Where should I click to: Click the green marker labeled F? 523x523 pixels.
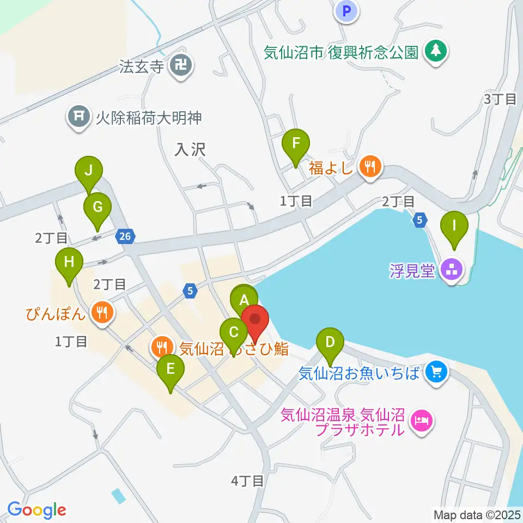pos(296,144)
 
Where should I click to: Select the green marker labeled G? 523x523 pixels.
pos(98,208)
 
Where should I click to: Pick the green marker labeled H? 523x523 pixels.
pos(69,263)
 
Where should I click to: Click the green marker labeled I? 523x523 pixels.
pos(454,225)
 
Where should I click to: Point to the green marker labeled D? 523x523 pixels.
pos(330,343)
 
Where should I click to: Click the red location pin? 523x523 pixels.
pos(254,319)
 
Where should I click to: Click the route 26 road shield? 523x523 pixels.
pos(125,236)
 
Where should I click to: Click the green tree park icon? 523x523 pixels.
pos(435,52)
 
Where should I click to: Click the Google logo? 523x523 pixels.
pos(37,510)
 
